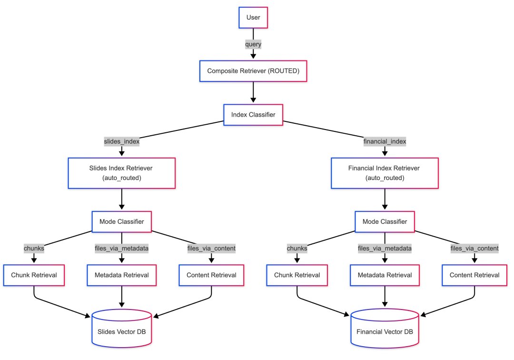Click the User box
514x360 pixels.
(x=253, y=17)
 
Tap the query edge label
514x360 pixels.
(x=253, y=44)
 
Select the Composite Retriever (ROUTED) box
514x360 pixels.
(x=253, y=71)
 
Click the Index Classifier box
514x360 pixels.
(x=253, y=115)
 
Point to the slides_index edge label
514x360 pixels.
(x=122, y=141)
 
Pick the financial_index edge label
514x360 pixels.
(x=385, y=141)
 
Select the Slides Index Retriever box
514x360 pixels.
(x=122, y=173)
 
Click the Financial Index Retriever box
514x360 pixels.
(x=385, y=173)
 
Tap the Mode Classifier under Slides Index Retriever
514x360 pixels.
(x=122, y=221)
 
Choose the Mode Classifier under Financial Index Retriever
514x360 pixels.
(x=385, y=221)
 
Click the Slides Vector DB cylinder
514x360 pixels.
(x=122, y=328)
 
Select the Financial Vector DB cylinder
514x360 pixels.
(x=385, y=328)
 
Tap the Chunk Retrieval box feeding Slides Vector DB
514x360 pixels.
(x=34, y=275)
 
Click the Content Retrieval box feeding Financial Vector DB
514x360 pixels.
(x=474, y=275)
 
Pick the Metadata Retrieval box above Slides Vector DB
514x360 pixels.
(x=122, y=275)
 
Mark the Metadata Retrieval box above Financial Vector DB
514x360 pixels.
(x=385, y=275)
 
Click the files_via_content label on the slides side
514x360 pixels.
(x=211, y=248)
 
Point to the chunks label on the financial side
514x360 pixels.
(x=297, y=248)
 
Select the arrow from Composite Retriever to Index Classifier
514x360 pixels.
(x=253, y=92)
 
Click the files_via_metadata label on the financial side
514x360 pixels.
(x=385, y=248)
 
